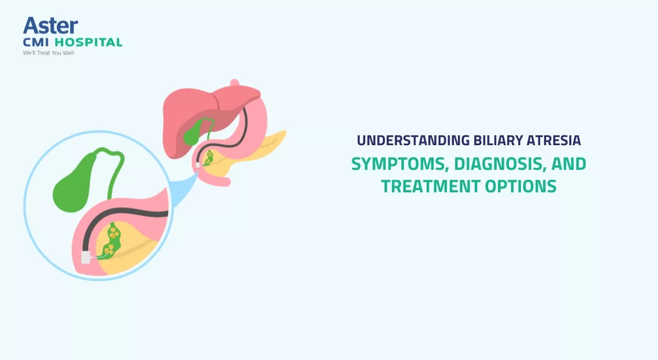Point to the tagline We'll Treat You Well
click(48, 53)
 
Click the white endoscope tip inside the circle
click(86, 257)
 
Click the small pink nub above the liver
click(235, 83)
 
